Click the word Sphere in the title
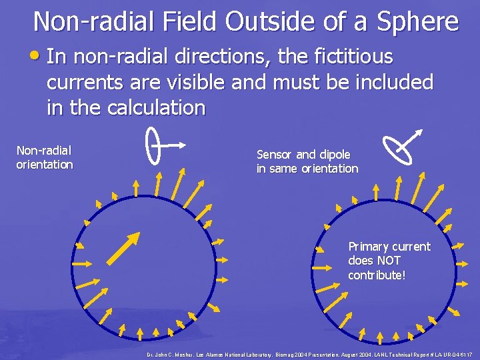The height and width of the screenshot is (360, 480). point(419,22)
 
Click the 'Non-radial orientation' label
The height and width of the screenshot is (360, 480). point(44,158)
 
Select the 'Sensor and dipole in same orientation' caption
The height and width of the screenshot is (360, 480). point(307,161)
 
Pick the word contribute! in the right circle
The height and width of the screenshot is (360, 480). point(376,275)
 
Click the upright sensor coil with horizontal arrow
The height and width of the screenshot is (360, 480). point(154,145)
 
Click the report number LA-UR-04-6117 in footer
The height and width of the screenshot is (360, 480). point(454,353)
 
